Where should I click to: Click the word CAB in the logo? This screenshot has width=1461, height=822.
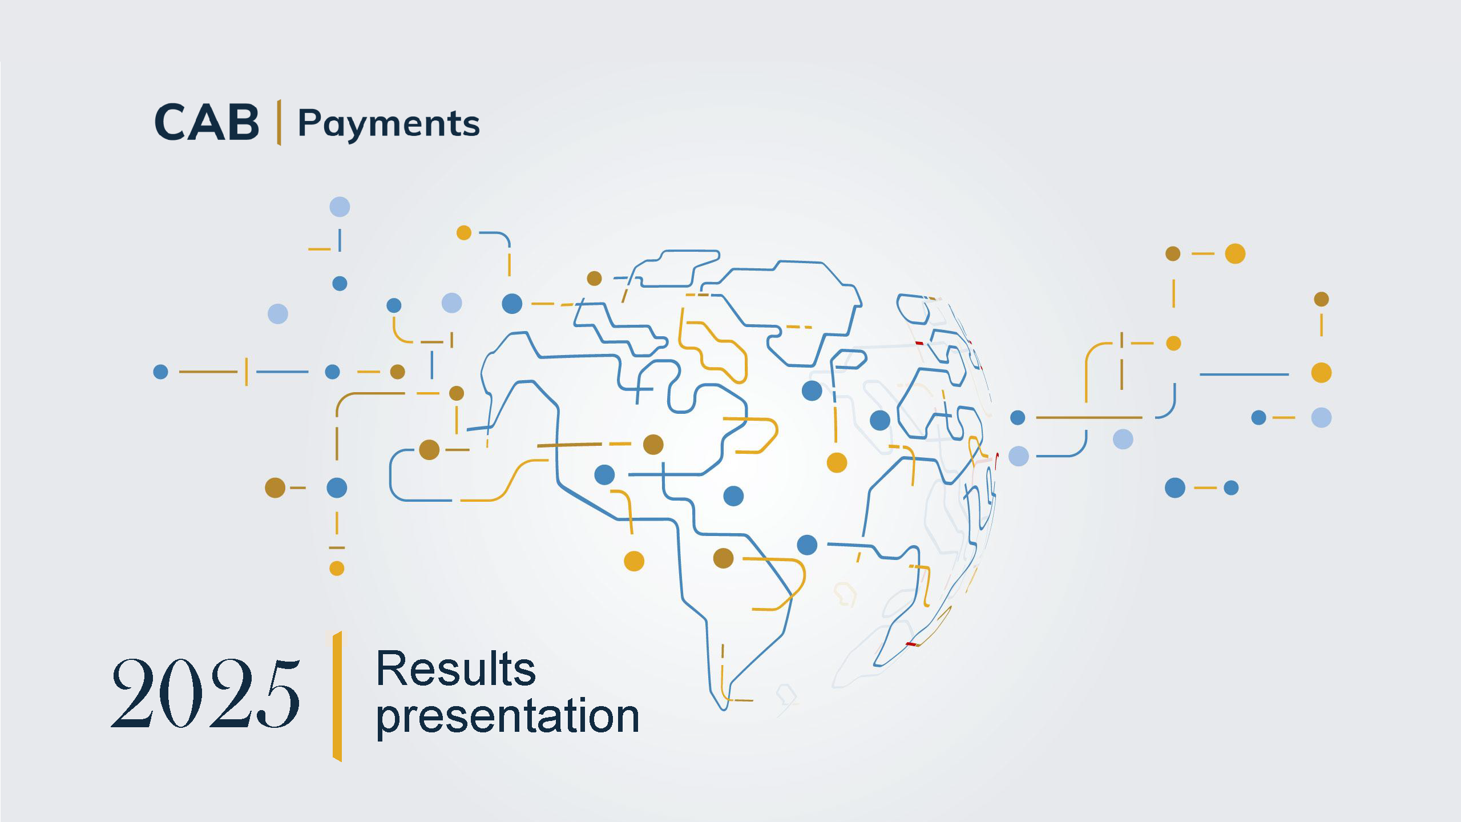pos(207,123)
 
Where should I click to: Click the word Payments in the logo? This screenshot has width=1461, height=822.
pos(389,124)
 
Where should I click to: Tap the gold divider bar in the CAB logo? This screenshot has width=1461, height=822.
pos(279,122)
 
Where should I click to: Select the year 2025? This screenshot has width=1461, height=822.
pos(205,694)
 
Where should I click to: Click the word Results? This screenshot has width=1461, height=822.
pos(455,669)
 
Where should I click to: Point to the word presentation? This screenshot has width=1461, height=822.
pos(507,716)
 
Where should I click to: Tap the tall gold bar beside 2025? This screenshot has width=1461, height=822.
pos(337,696)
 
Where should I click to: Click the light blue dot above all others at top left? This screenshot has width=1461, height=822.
pos(340,207)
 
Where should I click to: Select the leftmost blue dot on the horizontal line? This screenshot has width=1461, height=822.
pos(161,372)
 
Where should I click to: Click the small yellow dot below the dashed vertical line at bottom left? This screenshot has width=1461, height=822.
pos(337,569)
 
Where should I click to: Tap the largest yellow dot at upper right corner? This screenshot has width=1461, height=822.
pos(1235,253)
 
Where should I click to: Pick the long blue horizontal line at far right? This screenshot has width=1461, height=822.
pos(1244,374)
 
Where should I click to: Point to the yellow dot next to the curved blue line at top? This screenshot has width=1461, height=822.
pos(464,233)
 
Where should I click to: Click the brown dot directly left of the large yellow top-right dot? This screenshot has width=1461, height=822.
pos(1173,253)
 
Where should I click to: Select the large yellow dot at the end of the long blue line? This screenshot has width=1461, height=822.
pos(1321,373)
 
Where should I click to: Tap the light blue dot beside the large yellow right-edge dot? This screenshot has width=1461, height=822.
pos(1321,418)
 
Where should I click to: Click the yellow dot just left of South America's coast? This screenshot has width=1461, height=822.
pos(634,561)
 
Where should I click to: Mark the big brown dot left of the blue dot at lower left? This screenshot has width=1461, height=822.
pos(275,488)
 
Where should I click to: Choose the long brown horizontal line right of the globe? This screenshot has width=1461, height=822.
pos(1089,418)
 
